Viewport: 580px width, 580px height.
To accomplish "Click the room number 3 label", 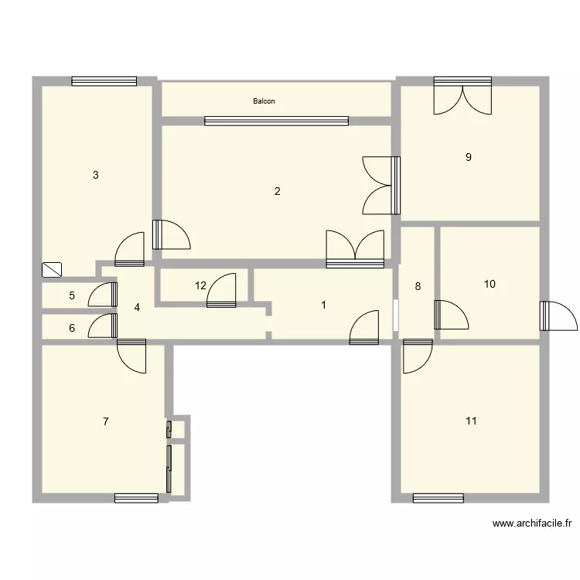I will coord(95,175).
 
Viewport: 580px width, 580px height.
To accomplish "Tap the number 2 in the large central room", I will coord(277,192).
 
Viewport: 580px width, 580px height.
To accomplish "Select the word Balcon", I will coord(264,101).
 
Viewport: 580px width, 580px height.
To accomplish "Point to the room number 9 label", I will coord(468,157).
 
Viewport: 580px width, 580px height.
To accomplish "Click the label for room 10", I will coord(490,284).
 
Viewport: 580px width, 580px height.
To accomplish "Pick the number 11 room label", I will coord(471,421).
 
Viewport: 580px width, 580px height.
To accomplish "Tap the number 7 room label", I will coord(105,421).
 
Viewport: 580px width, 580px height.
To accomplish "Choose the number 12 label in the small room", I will coord(200,285).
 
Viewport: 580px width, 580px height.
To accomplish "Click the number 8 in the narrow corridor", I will coord(418,286).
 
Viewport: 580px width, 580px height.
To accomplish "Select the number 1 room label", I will coord(323,305).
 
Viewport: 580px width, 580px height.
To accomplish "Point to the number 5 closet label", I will coord(72,295).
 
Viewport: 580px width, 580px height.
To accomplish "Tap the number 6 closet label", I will coord(72,328).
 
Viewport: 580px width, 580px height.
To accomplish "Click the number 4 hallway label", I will coord(137,307).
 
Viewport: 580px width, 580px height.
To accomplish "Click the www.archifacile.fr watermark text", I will coord(532,524).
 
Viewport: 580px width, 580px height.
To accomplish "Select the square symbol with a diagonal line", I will coord(53,269).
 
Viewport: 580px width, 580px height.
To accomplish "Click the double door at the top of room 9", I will coord(462,96).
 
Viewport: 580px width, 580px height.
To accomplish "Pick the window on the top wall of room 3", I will coord(104,80).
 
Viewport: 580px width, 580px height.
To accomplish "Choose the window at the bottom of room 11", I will coord(438,498).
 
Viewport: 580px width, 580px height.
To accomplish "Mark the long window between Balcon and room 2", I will coord(276,121).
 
